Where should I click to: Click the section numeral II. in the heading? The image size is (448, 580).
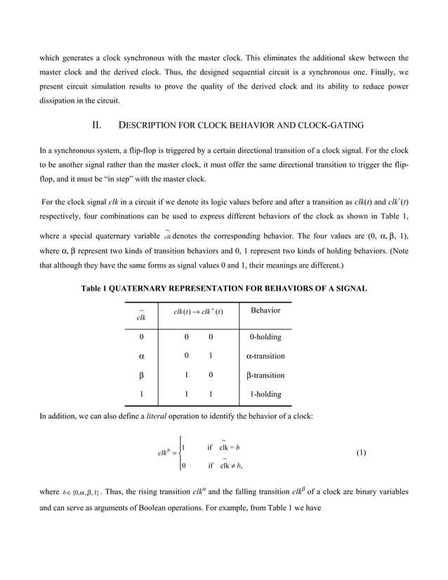[98, 126]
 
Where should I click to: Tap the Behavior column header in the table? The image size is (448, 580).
[265, 310]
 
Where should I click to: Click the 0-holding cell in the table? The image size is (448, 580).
[265, 337]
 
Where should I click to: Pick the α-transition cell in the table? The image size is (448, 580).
[265, 356]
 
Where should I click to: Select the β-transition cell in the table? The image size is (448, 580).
[265, 375]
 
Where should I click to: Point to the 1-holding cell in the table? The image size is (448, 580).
[265, 395]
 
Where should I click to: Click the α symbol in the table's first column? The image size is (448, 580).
[141, 356]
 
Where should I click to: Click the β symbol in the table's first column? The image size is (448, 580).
[141, 376]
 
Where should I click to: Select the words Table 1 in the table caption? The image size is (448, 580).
[98, 289]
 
